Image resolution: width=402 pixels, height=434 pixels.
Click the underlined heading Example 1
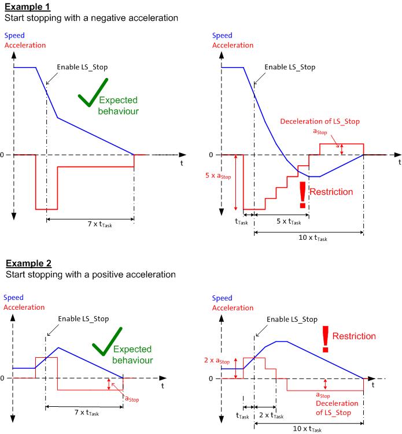coord(27,8)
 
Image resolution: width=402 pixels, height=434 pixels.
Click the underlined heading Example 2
coord(27,264)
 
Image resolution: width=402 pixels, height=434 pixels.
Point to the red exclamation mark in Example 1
coord(302,194)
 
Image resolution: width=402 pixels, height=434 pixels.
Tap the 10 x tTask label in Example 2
coord(307,429)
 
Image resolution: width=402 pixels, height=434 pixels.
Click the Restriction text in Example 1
coord(331,192)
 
